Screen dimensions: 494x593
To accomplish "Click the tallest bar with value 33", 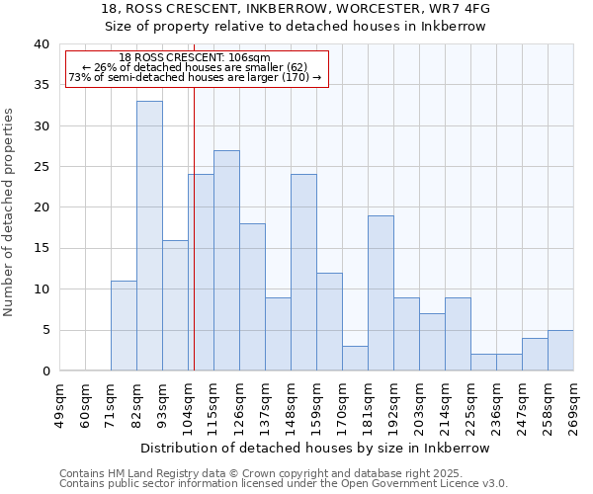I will (x=149, y=236).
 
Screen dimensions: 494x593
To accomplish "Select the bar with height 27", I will (x=226, y=261).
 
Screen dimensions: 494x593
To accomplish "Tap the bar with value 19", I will (x=381, y=293).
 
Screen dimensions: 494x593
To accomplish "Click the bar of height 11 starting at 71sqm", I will (x=124, y=326).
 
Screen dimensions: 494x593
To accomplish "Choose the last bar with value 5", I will (x=560, y=351).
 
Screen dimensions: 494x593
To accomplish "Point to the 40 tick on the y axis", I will (x=41, y=44).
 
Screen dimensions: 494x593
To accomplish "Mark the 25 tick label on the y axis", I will (x=41, y=167).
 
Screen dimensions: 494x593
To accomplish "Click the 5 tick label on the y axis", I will (x=44, y=330).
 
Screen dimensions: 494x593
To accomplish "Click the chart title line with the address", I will (x=296, y=9).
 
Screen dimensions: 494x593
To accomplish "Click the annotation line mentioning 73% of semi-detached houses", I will (x=195, y=77).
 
